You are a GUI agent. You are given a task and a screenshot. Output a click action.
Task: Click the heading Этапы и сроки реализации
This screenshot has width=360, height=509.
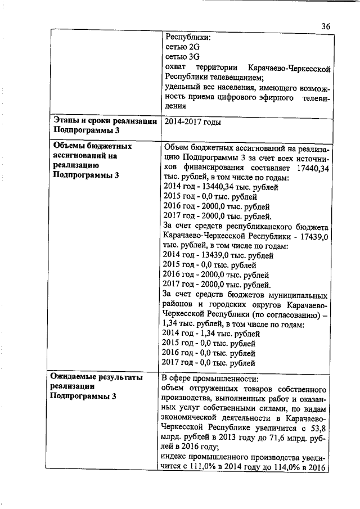pos(105,121)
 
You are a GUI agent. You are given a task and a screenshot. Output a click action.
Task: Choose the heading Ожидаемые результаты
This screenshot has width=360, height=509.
pos(96,377)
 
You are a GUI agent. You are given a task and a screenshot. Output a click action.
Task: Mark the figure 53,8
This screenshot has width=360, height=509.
pos(319,428)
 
